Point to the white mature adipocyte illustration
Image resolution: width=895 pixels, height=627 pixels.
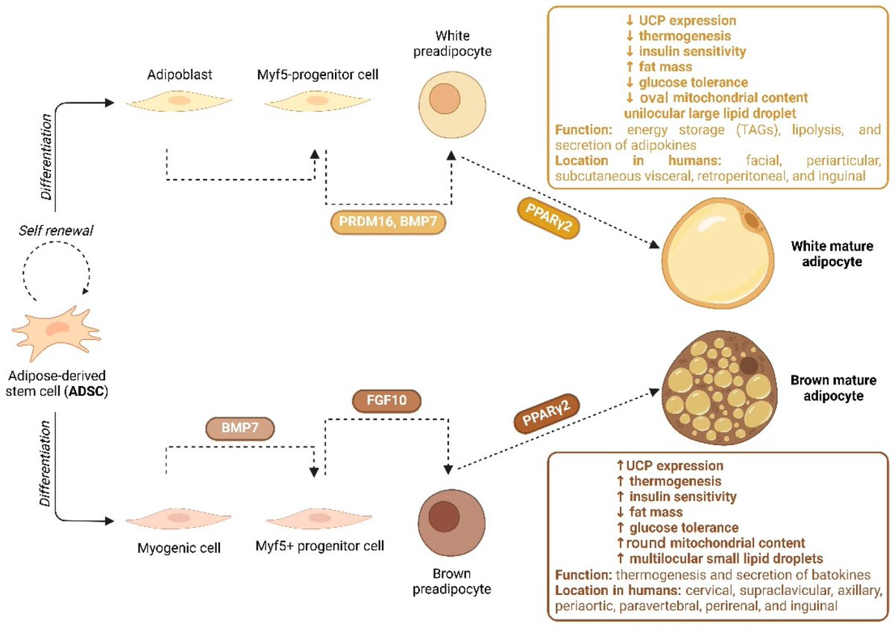coord(717,248)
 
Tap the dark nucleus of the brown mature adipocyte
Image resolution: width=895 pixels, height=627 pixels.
coord(747,367)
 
